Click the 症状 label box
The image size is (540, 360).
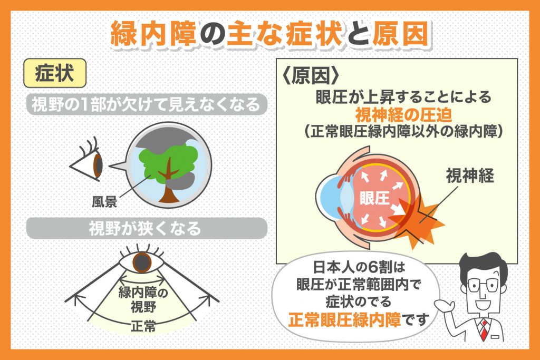click(x=55, y=73)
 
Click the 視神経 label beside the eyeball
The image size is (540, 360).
click(x=470, y=175)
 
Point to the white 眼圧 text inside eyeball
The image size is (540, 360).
click(x=374, y=198)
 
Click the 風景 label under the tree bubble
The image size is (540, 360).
click(x=104, y=202)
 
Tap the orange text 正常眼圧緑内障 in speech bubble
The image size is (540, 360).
click(x=344, y=319)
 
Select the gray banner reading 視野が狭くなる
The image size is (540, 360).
click(x=147, y=228)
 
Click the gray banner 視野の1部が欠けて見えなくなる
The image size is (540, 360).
click(x=147, y=104)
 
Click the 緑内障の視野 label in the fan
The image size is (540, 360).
click(x=143, y=299)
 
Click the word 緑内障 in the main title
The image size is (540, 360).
click(x=153, y=33)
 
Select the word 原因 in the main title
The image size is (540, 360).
click(x=401, y=33)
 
